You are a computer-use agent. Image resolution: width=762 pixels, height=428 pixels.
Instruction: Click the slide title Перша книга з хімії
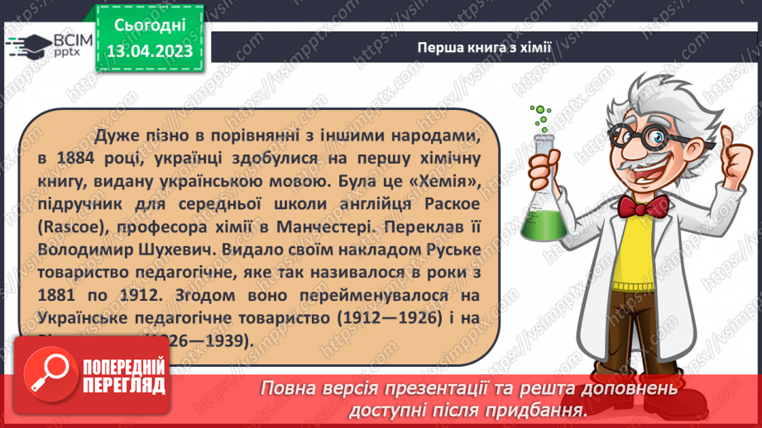point(484,47)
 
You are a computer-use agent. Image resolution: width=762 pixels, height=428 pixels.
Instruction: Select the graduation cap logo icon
point(26,45)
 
